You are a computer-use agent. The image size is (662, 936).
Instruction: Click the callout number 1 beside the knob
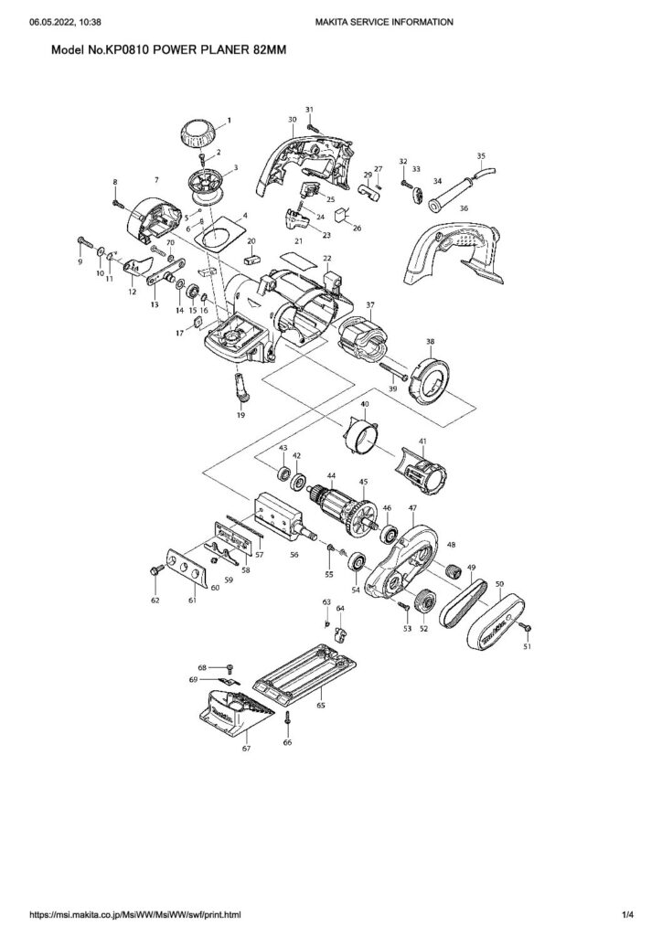click(229, 120)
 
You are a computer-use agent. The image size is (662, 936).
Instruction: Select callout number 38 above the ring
click(430, 341)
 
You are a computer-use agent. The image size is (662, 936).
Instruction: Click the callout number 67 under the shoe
click(246, 749)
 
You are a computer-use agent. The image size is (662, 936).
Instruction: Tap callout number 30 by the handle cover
click(292, 120)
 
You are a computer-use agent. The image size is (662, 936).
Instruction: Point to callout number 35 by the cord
click(482, 155)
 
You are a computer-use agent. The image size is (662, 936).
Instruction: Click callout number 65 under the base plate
click(320, 705)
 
